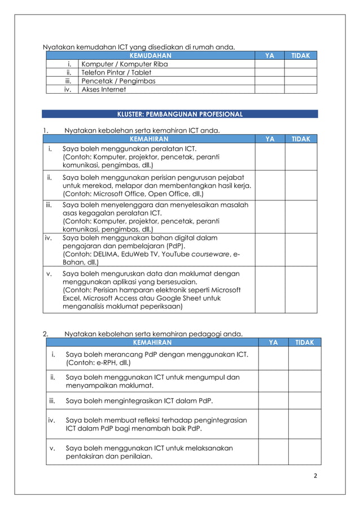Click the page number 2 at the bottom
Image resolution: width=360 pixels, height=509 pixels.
(315, 475)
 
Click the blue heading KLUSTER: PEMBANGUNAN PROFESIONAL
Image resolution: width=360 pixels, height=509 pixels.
(179, 114)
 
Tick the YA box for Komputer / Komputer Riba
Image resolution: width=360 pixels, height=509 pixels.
(269, 64)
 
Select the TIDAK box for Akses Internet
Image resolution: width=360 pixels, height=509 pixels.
(300, 89)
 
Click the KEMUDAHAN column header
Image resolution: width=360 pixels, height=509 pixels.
(150, 55)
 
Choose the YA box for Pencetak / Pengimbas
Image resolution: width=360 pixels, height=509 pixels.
(269, 81)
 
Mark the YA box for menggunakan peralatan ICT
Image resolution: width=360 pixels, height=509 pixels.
(269, 157)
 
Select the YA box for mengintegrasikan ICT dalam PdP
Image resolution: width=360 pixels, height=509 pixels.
(273, 401)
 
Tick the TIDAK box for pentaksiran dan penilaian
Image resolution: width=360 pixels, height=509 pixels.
(305, 452)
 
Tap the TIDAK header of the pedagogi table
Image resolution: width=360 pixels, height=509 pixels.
(305, 342)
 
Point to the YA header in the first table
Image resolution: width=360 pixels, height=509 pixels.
(269, 55)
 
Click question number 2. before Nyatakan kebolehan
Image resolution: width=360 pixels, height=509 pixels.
(46, 334)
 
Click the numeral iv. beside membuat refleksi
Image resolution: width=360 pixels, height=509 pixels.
(52, 420)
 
